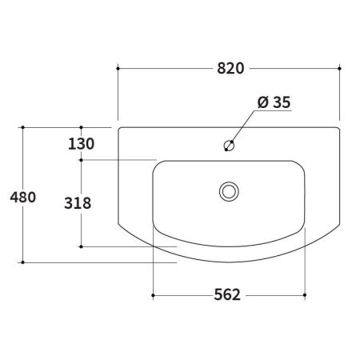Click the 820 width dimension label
coord(229,69)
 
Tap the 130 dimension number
coord(82,144)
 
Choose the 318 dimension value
coord(77,203)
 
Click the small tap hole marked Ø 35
coord(229,146)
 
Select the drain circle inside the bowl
coord(229,191)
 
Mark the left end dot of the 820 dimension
coord(118,69)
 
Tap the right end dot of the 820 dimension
coord(340,69)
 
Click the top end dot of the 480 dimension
coord(23,126)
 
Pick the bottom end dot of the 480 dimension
coord(23,262)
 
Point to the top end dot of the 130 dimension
coord(82,126)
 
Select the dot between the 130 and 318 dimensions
coord(82,160)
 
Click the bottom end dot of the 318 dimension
coord(82,246)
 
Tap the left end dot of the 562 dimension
coord(152,295)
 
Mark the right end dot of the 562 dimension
coord(306,295)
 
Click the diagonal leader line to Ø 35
coord(242,128)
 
